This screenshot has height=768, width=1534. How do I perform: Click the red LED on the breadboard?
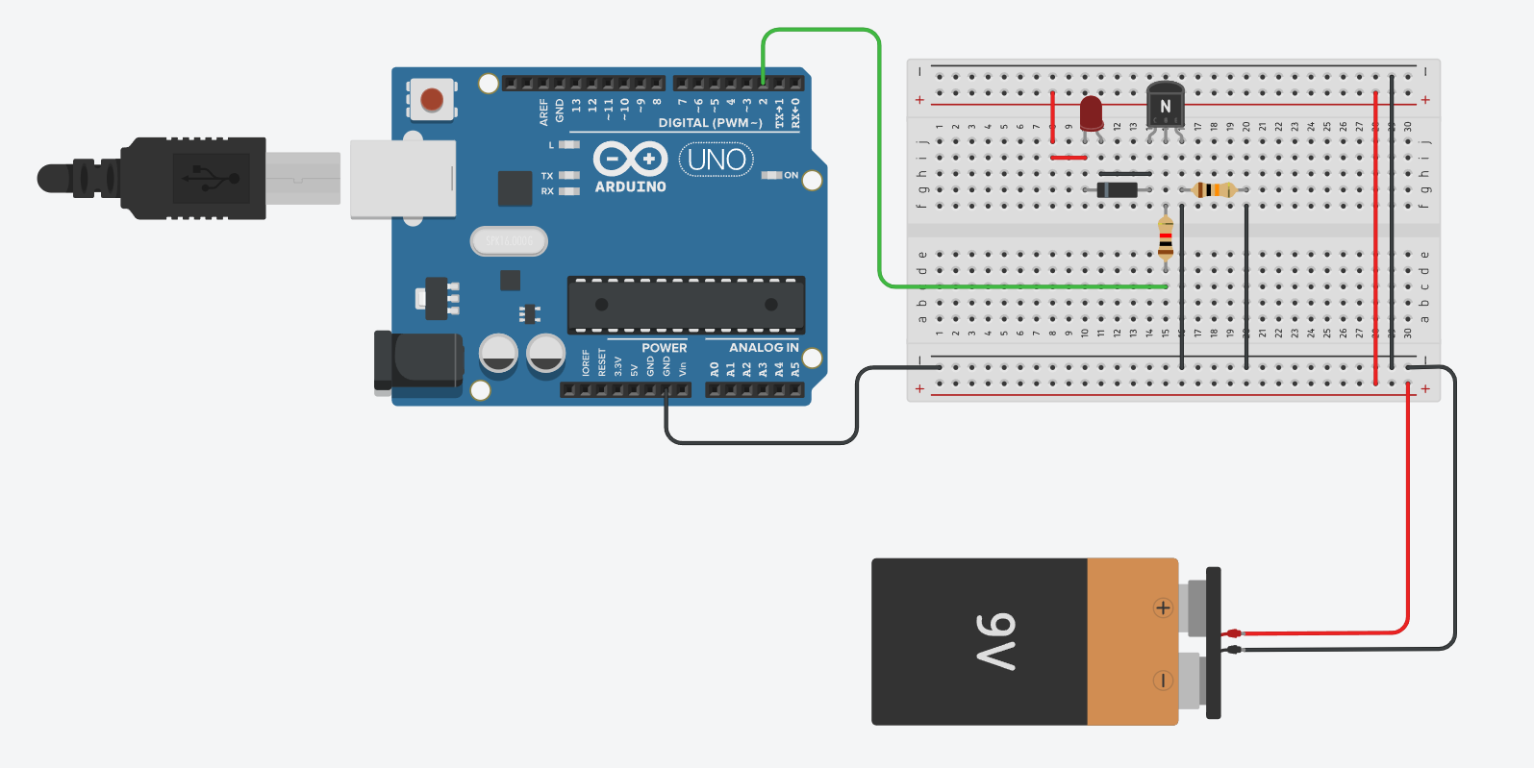click(x=1091, y=111)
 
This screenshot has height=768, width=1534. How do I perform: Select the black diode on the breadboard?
click(x=1118, y=189)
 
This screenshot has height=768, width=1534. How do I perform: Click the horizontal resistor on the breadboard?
click(x=1214, y=189)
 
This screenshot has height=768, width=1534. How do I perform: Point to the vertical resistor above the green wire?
click(x=1166, y=237)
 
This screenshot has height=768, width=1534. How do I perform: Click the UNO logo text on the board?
click(x=717, y=160)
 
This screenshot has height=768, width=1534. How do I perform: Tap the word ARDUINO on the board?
click(x=630, y=186)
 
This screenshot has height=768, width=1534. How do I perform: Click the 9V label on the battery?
click(x=997, y=641)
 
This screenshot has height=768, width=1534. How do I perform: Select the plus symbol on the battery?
click(x=1163, y=607)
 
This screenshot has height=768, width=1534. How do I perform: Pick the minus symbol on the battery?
click(x=1163, y=681)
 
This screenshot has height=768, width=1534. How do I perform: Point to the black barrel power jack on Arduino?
click(x=419, y=360)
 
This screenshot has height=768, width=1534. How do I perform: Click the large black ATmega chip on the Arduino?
click(x=686, y=305)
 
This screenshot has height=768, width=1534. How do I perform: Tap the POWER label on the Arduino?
click(x=665, y=348)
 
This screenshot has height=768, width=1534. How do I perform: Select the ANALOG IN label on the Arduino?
click(x=764, y=348)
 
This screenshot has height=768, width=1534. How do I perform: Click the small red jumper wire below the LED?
click(x=1069, y=158)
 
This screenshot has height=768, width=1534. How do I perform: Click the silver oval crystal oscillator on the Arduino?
click(x=509, y=241)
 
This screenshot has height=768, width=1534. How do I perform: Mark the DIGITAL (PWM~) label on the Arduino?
click(x=710, y=123)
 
